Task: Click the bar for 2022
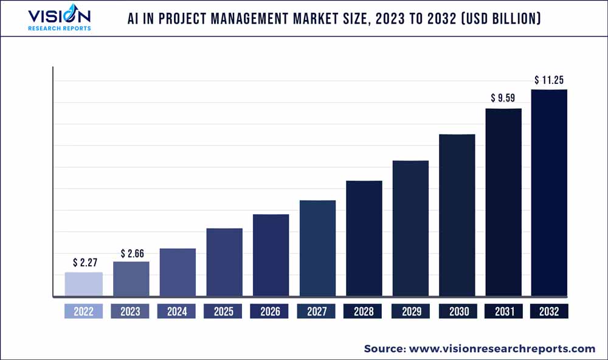pos(84,285)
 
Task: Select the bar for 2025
pos(224,263)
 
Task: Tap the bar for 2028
pos(364,239)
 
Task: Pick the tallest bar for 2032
pos(549,193)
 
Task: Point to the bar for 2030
pos(457,215)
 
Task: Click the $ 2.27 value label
pos(84,263)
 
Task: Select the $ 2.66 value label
pos(131,253)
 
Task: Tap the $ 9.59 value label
pos(503,98)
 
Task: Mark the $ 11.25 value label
pos(550,80)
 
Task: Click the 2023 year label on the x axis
pos(130,311)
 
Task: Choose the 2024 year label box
pos(177,311)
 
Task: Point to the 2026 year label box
pos(270,311)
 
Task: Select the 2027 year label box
pos(317,311)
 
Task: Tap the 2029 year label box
pos(410,311)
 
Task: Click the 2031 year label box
pos(503,311)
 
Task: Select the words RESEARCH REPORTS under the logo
pos(60,28)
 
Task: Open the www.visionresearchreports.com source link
pos(502,348)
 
